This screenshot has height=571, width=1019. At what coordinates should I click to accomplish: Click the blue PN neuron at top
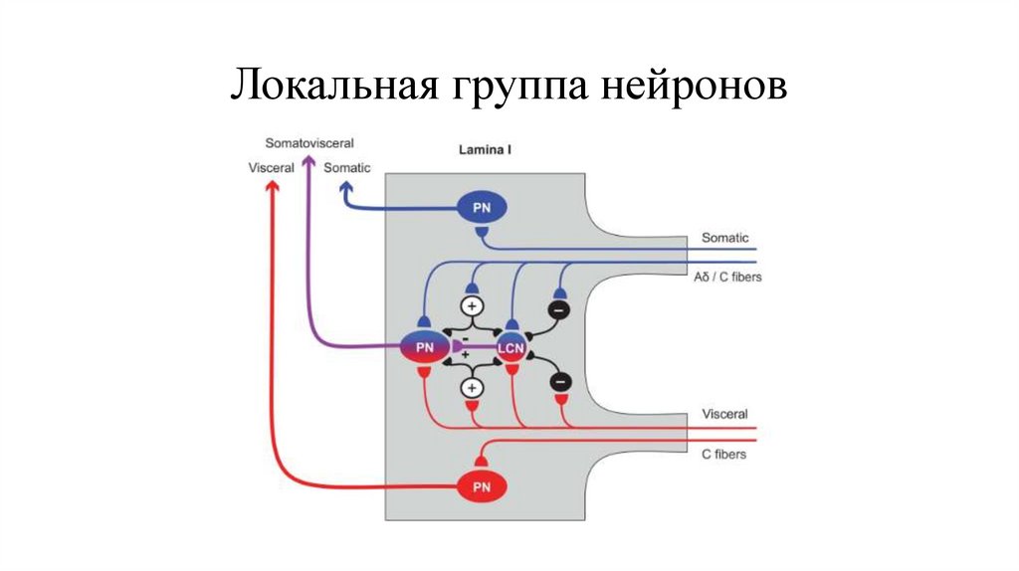click(482, 207)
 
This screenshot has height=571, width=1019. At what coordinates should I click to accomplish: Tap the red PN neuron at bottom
click(482, 486)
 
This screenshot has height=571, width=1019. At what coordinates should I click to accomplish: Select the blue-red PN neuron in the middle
click(424, 347)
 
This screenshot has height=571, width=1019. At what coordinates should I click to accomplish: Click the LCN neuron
click(510, 347)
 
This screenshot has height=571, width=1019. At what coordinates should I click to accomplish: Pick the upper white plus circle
click(472, 305)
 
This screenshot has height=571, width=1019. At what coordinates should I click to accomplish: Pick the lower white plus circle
click(472, 387)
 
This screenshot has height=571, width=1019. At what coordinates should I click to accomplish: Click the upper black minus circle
click(558, 310)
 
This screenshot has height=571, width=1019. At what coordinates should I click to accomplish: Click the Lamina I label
click(486, 151)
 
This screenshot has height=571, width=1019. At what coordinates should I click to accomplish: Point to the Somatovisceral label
click(309, 144)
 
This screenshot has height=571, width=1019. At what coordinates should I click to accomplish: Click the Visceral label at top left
click(272, 168)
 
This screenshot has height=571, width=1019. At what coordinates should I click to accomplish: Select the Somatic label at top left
click(347, 168)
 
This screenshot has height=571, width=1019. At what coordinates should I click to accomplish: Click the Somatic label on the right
click(724, 238)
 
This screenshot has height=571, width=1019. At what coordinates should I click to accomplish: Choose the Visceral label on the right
click(724, 413)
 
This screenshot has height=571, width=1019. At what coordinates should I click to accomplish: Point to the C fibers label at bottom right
click(723, 454)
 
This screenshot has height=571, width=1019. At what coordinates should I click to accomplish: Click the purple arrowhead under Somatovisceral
click(308, 163)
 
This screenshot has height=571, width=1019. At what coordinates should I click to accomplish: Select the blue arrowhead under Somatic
click(345, 186)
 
